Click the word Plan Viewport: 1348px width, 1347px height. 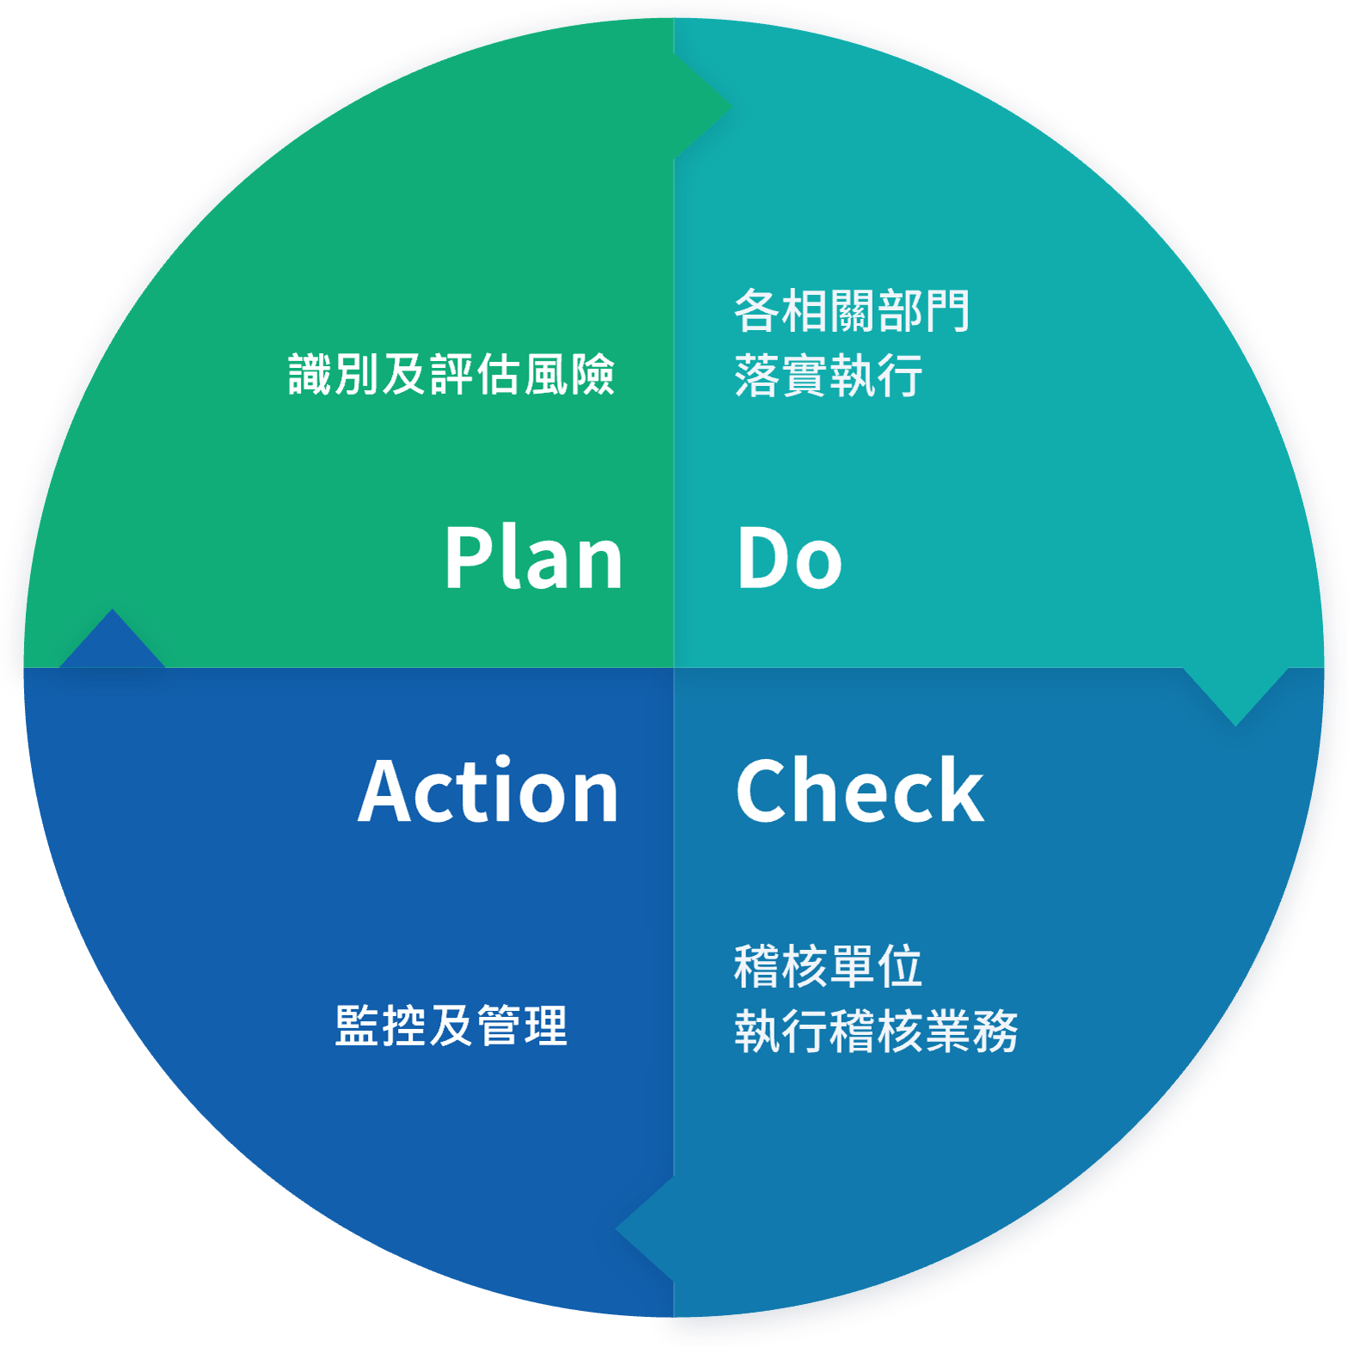point(533,558)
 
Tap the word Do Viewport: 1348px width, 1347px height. point(789,558)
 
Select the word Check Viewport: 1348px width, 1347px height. point(860,790)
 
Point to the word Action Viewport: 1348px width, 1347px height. point(488,791)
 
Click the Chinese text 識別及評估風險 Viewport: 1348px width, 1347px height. point(451,374)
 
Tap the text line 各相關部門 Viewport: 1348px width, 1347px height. point(852,310)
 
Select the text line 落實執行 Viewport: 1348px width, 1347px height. point(829,376)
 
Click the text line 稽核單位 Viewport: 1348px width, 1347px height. point(829,965)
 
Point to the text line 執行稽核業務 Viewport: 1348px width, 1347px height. point(876,1031)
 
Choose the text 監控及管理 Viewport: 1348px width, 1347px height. point(451,1026)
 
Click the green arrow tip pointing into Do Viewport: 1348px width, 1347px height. point(731,107)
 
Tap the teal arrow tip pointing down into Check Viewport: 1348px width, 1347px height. point(1235,725)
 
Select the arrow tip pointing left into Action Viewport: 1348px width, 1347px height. point(616,1229)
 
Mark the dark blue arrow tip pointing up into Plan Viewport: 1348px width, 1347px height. point(112,610)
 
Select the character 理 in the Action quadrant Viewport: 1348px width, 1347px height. point(545,1026)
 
